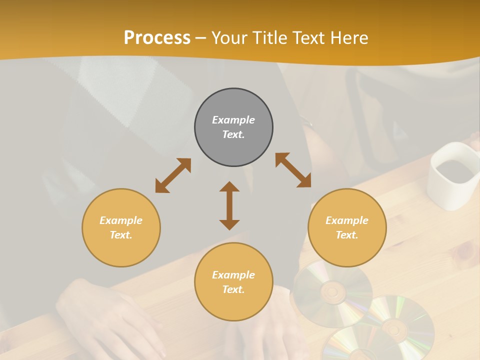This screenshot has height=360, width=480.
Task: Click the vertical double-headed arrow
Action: point(229,205)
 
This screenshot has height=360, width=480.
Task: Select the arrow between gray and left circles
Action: point(173,175)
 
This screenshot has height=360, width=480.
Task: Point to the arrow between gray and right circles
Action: point(293,170)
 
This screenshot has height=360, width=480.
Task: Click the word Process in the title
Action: point(157,37)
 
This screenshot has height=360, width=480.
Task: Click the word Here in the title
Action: point(349,37)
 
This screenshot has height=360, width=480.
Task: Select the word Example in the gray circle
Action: point(233,120)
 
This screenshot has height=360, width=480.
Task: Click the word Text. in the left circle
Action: point(121,235)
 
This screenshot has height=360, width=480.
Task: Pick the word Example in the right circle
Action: point(347,220)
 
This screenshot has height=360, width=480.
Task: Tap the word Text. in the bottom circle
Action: point(233,289)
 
